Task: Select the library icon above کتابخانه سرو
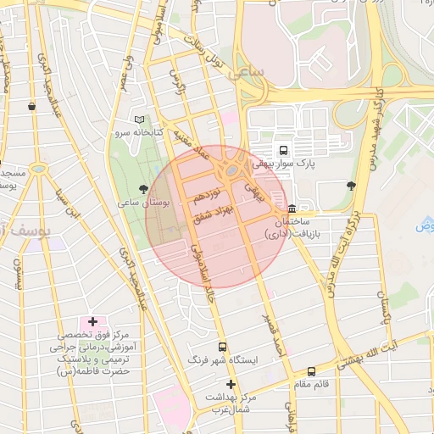139,120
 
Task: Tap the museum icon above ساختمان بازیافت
292,208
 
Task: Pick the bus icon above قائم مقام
311,370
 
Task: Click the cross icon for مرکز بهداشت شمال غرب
230,384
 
